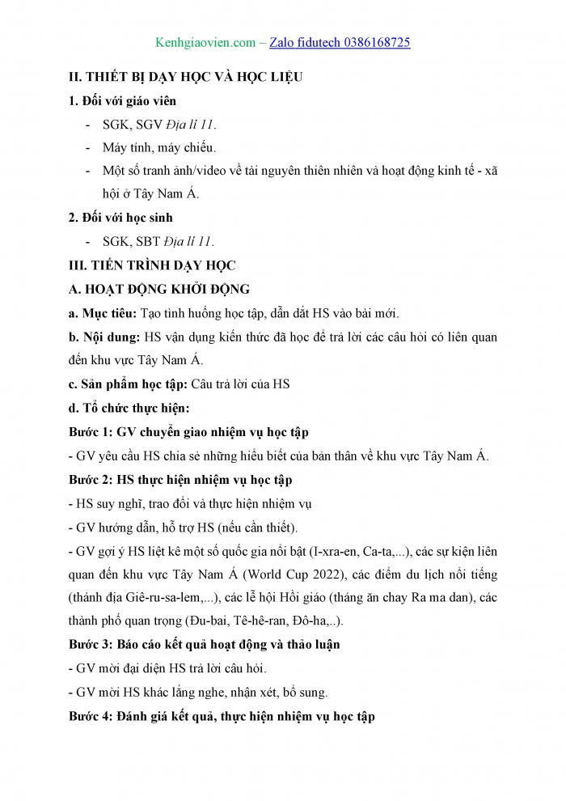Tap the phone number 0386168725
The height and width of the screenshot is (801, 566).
point(369,42)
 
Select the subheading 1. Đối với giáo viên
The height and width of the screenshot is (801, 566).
point(121,101)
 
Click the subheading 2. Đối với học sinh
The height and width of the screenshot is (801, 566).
point(120,218)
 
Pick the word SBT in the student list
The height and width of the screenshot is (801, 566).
point(150,241)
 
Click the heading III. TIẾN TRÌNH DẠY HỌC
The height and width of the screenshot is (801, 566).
point(151,265)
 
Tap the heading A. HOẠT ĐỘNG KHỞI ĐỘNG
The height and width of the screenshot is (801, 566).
point(159,289)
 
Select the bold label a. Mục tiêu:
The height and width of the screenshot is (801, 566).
point(103,313)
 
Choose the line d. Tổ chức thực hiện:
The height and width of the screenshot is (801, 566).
point(129,409)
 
